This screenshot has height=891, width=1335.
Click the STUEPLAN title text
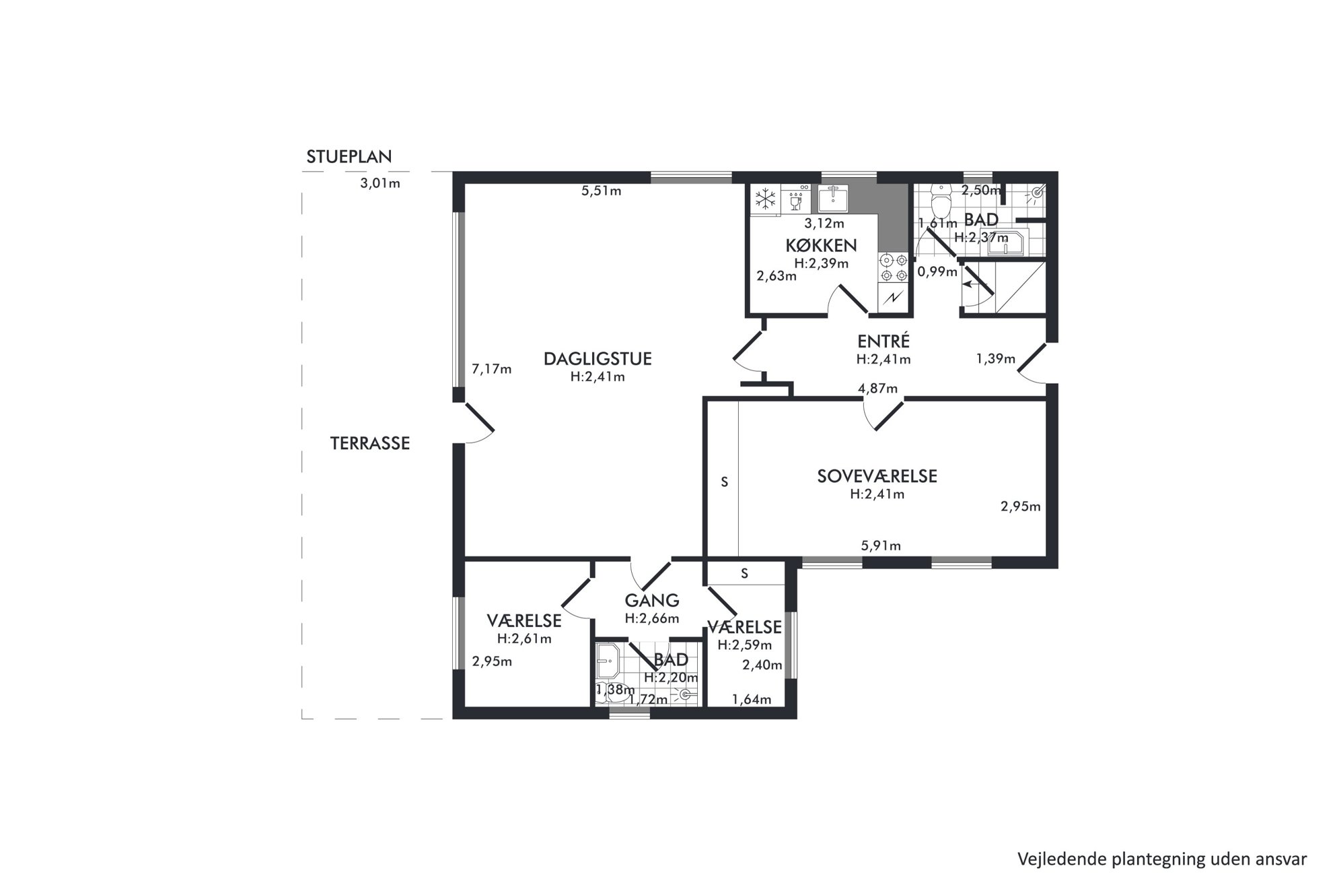pos(349,157)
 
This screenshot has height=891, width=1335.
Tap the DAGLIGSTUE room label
pos(598,359)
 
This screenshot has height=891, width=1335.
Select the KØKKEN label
pos(821,246)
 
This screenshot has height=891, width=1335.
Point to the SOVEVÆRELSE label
pos(877,476)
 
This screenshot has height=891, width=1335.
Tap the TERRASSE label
pos(370,443)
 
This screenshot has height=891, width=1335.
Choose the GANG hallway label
pos(651,600)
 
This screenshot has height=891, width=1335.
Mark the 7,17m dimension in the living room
pos(492,369)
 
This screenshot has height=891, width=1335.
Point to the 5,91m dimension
pos(881,546)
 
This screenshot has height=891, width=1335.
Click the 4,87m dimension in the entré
pos(877,389)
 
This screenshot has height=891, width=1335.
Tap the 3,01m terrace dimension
pos(380,183)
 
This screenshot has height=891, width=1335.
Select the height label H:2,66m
pos(651,618)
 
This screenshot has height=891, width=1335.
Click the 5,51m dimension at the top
pos(601,191)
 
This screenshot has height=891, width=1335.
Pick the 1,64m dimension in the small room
pos(752,700)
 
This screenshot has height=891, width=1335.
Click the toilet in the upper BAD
pos(940,201)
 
